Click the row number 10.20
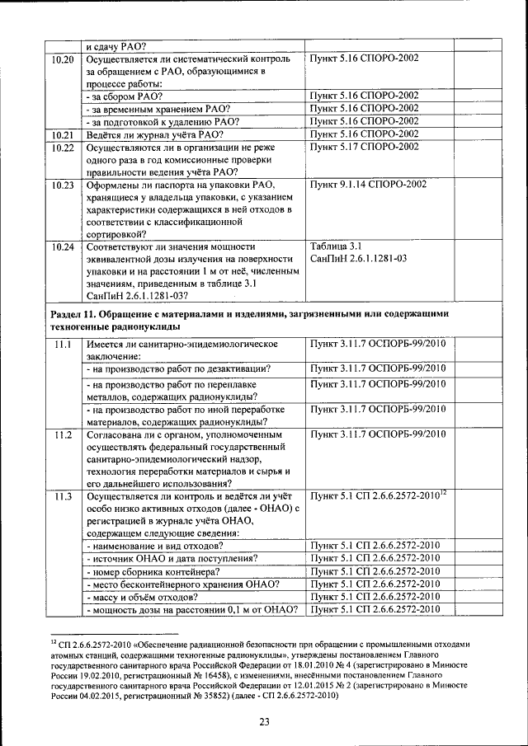click(x=63, y=60)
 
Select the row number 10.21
click(x=63, y=134)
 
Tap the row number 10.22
click(x=63, y=147)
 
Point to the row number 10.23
click(x=63, y=185)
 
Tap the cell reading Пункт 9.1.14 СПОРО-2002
click(x=368, y=185)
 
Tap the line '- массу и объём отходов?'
click(x=142, y=596)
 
